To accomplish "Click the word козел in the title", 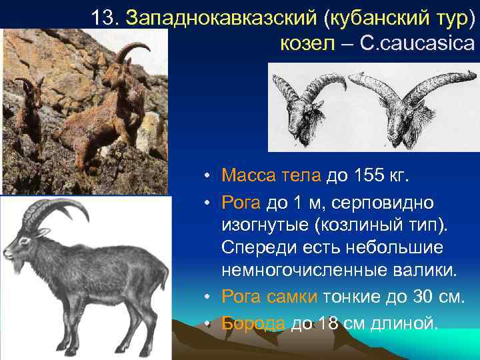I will coord(309,44).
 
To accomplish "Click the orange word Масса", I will coord(246,176).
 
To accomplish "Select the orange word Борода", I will coord(253,324).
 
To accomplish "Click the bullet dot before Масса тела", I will coord(209,177).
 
